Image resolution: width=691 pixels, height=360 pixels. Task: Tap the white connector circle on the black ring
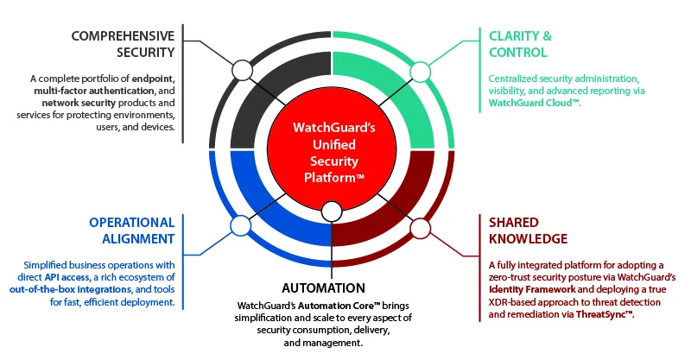click(243, 70)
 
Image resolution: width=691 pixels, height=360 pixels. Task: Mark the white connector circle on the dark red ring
click(420, 228)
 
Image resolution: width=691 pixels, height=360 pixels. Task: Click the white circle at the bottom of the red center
click(332, 211)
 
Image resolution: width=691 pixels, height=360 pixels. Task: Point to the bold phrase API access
click(68, 277)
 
